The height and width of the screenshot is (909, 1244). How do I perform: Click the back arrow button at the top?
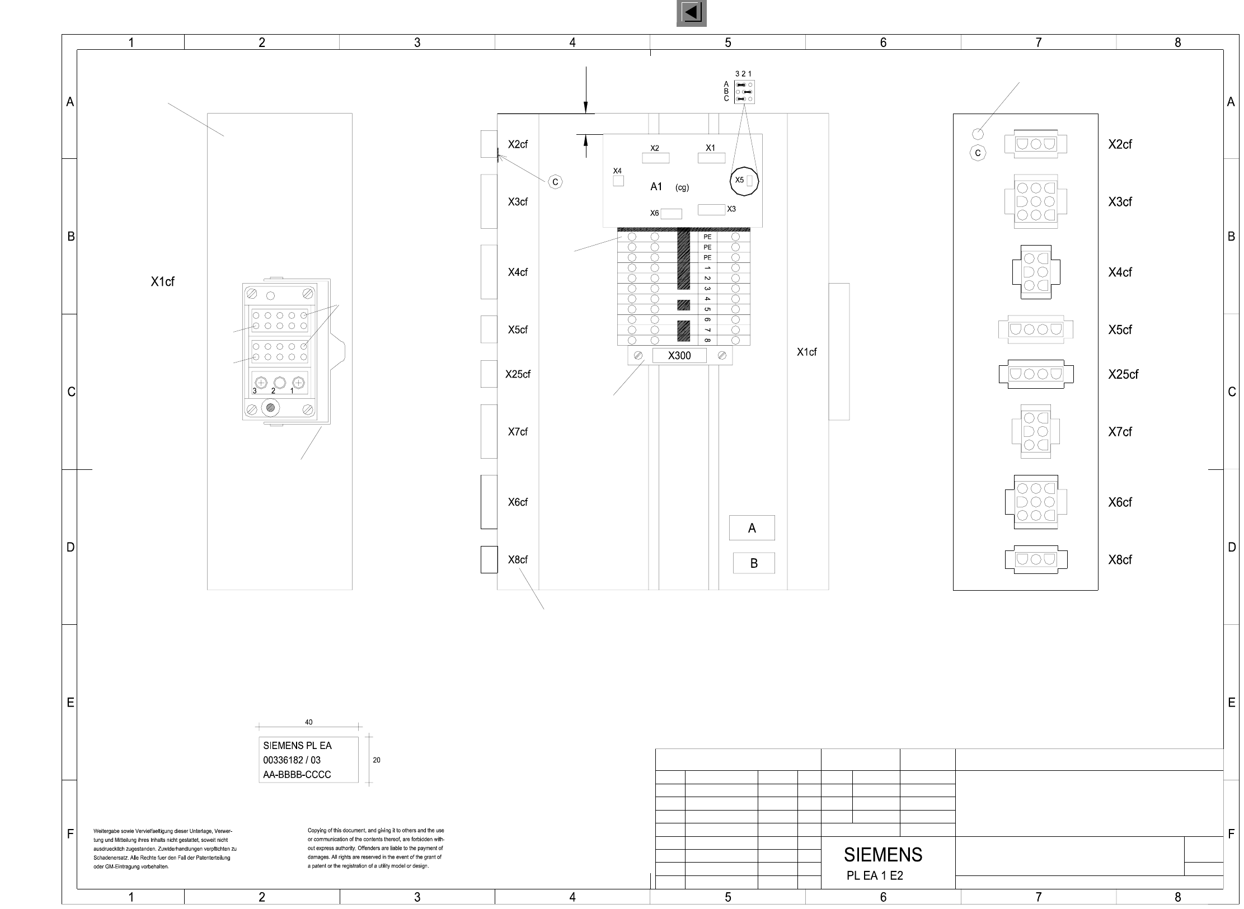point(691,13)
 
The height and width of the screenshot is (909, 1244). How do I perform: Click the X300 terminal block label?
point(679,356)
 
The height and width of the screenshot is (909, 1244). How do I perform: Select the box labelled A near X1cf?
point(752,528)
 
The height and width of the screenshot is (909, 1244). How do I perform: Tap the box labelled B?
point(754,563)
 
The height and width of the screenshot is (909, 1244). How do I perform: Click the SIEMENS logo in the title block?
point(883,855)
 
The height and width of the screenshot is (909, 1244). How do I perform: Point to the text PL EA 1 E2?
point(875,876)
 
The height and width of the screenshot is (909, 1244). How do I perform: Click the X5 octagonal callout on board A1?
point(744,181)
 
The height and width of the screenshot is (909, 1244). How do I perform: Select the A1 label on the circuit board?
point(656,187)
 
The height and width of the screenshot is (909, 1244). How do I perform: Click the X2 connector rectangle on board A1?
point(655,158)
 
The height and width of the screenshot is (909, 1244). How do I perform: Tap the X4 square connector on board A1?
point(618,181)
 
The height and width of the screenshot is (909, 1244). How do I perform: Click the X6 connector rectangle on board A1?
point(672,214)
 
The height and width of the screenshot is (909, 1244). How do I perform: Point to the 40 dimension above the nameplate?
point(309,722)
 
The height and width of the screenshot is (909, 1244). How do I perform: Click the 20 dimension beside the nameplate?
point(377,760)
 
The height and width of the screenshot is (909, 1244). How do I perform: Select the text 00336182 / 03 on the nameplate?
point(292,760)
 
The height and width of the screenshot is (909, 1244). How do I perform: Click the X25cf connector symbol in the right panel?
point(1036,374)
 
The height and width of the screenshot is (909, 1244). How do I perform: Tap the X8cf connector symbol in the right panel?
point(1036,559)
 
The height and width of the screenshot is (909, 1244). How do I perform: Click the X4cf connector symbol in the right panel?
point(1036,272)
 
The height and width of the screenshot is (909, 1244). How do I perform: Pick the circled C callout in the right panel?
point(978,153)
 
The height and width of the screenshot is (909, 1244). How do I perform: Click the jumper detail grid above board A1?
point(744,92)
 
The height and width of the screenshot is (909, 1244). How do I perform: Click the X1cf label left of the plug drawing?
point(162,282)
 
